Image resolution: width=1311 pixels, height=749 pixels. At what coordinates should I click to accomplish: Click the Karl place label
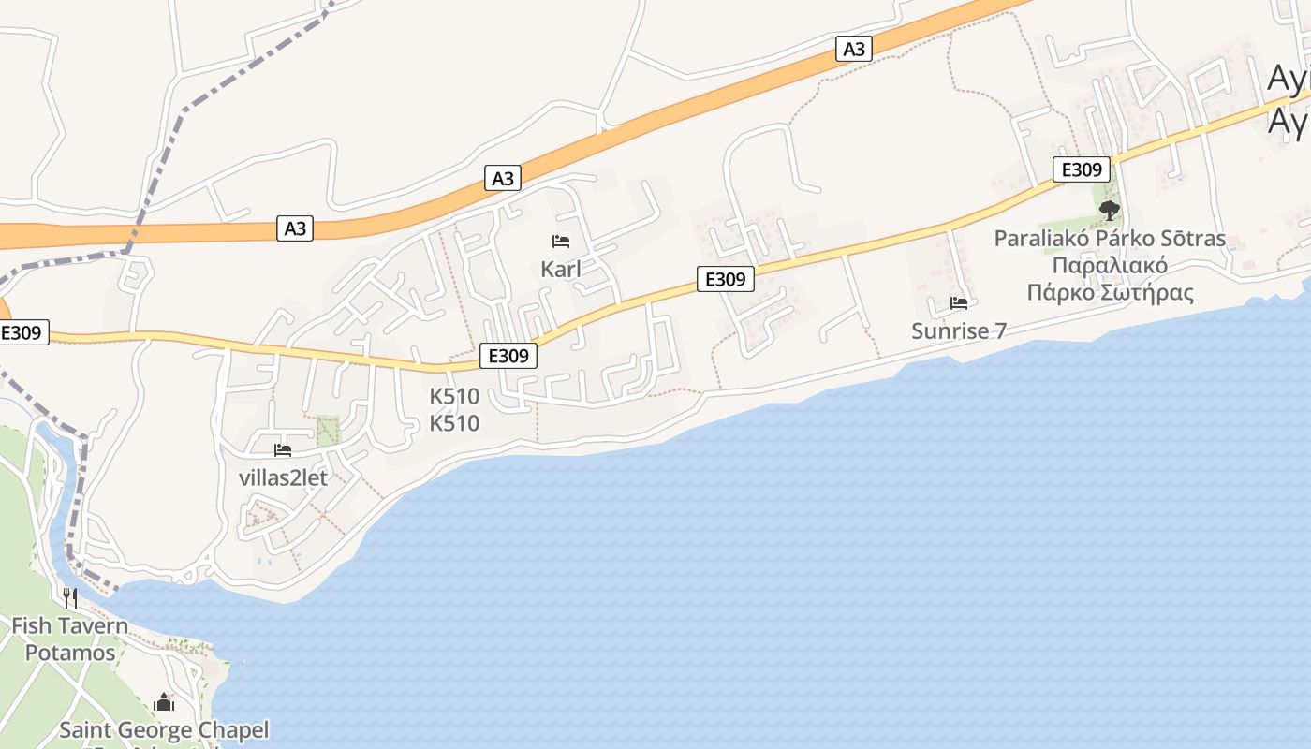[561, 270]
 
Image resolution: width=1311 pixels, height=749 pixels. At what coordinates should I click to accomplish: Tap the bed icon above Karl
[561, 242]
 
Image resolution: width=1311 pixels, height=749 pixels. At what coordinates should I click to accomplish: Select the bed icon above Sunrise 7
[959, 302]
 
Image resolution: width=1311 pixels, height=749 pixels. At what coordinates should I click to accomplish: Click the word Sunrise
[950, 330]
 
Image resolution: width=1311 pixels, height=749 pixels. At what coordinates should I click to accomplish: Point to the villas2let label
[283, 477]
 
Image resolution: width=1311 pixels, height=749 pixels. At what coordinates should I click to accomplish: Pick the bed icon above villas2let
[283, 450]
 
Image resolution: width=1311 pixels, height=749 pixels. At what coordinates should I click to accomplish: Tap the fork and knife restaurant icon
[70, 597]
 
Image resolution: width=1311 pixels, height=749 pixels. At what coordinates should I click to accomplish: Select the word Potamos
[70, 653]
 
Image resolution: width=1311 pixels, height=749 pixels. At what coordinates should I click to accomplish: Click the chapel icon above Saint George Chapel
[164, 702]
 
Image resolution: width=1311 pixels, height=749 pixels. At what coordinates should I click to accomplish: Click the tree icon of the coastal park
[1110, 210]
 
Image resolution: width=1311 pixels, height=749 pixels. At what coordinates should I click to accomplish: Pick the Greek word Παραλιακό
[1110, 265]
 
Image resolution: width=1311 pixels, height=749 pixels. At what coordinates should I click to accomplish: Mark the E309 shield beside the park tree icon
[1082, 169]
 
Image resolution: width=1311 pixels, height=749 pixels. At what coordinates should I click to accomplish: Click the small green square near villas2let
[328, 431]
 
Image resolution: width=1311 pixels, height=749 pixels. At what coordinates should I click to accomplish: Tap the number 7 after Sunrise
[999, 330]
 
